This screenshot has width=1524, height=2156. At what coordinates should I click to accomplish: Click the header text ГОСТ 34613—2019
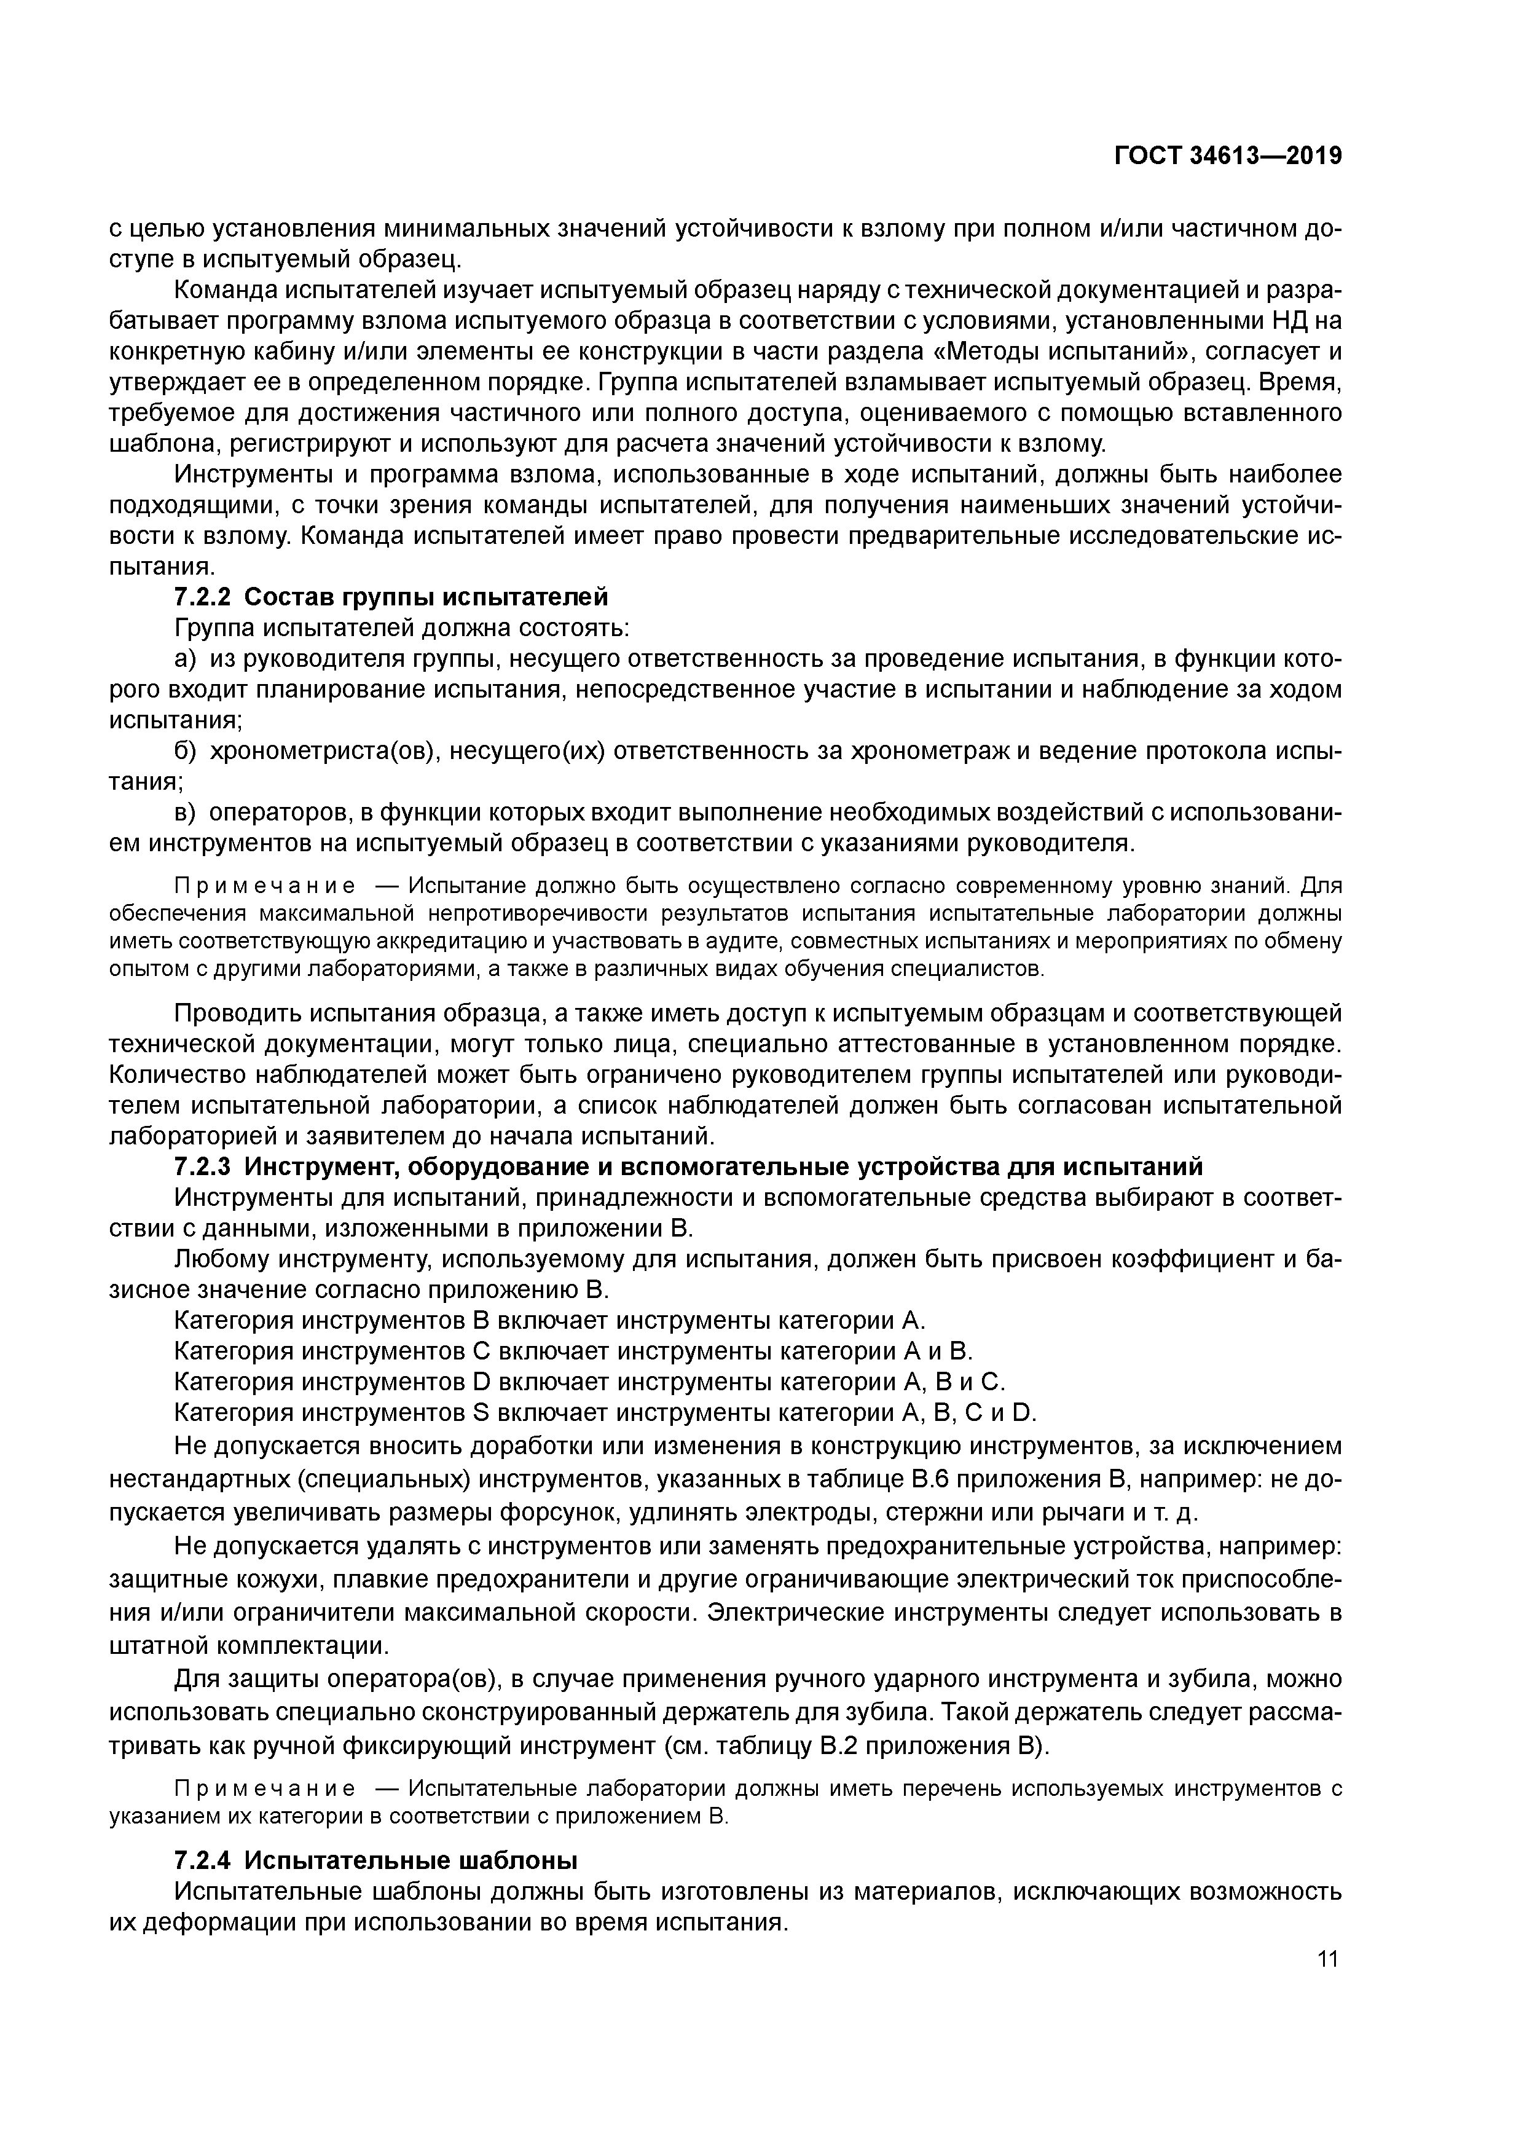(1227, 156)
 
